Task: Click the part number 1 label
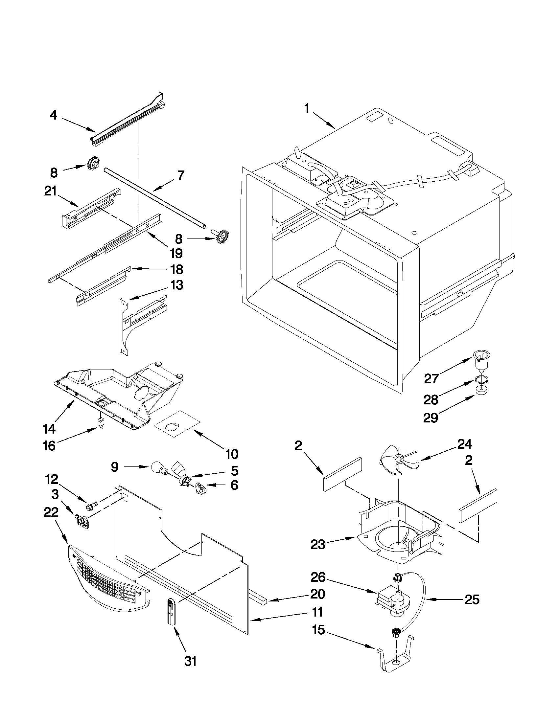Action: pyautogui.click(x=307, y=109)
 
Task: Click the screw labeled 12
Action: pyautogui.click(x=91, y=506)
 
